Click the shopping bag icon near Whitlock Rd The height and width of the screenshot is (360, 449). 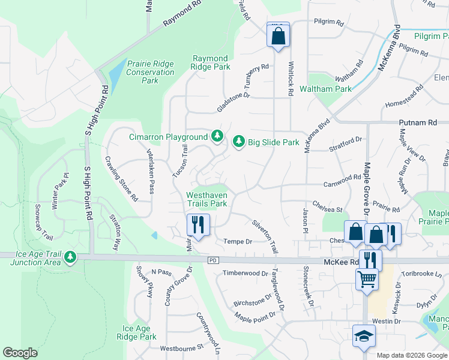click(278, 35)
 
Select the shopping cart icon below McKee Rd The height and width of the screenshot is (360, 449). click(367, 278)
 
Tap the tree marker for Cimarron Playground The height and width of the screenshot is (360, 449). click(217, 137)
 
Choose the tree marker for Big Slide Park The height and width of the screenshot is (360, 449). click(239, 142)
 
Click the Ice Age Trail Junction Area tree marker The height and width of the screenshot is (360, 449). click(71, 257)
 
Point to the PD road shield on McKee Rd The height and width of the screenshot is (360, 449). click(212, 260)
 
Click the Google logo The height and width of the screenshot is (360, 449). click(20, 353)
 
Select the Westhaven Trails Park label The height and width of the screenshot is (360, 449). click(206, 199)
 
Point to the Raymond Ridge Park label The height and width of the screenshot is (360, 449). click(210, 62)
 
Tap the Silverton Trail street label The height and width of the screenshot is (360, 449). click(265, 236)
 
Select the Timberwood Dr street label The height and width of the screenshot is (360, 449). click(245, 273)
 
